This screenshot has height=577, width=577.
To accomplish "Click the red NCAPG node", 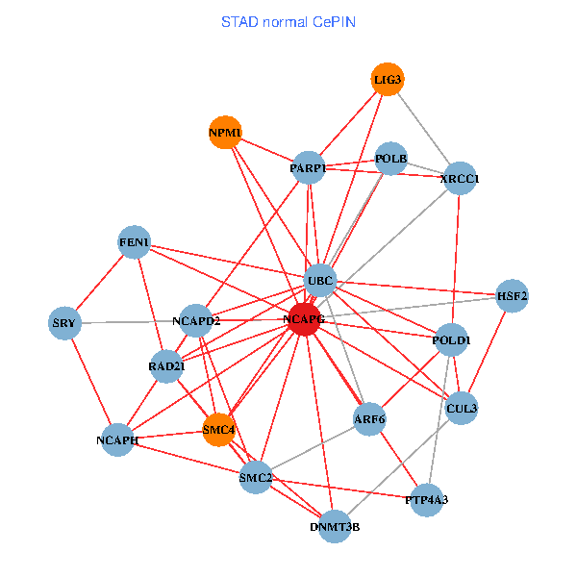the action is [x=304, y=319].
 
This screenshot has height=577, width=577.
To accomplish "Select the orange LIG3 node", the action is [x=388, y=79].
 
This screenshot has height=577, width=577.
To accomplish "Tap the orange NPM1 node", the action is [x=225, y=132].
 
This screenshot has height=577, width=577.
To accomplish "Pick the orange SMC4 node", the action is [x=219, y=429].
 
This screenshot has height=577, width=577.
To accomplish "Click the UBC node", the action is [x=319, y=281].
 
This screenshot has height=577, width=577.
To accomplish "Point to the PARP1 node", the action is [x=308, y=168].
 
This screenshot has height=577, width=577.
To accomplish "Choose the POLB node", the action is [x=391, y=159].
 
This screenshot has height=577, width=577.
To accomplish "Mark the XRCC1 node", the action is [x=460, y=179].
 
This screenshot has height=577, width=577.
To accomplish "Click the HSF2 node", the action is [x=512, y=296].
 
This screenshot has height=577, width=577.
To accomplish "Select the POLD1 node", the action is [x=451, y=340].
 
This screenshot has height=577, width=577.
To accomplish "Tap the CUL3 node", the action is [x=462, y=408].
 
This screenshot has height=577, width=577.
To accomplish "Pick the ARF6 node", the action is [x=369, y=418].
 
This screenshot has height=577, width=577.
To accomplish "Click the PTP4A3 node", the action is [x=427, y=500].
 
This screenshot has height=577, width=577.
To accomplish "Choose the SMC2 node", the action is [x=257, y=478].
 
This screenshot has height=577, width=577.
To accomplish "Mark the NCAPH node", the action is [x=117, y=439].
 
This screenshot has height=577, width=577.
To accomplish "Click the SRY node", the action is [x=63, y=322].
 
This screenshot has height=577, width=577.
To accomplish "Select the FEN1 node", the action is [x=135, y=242].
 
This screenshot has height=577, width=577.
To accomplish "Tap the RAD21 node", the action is [x=166, y=366].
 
